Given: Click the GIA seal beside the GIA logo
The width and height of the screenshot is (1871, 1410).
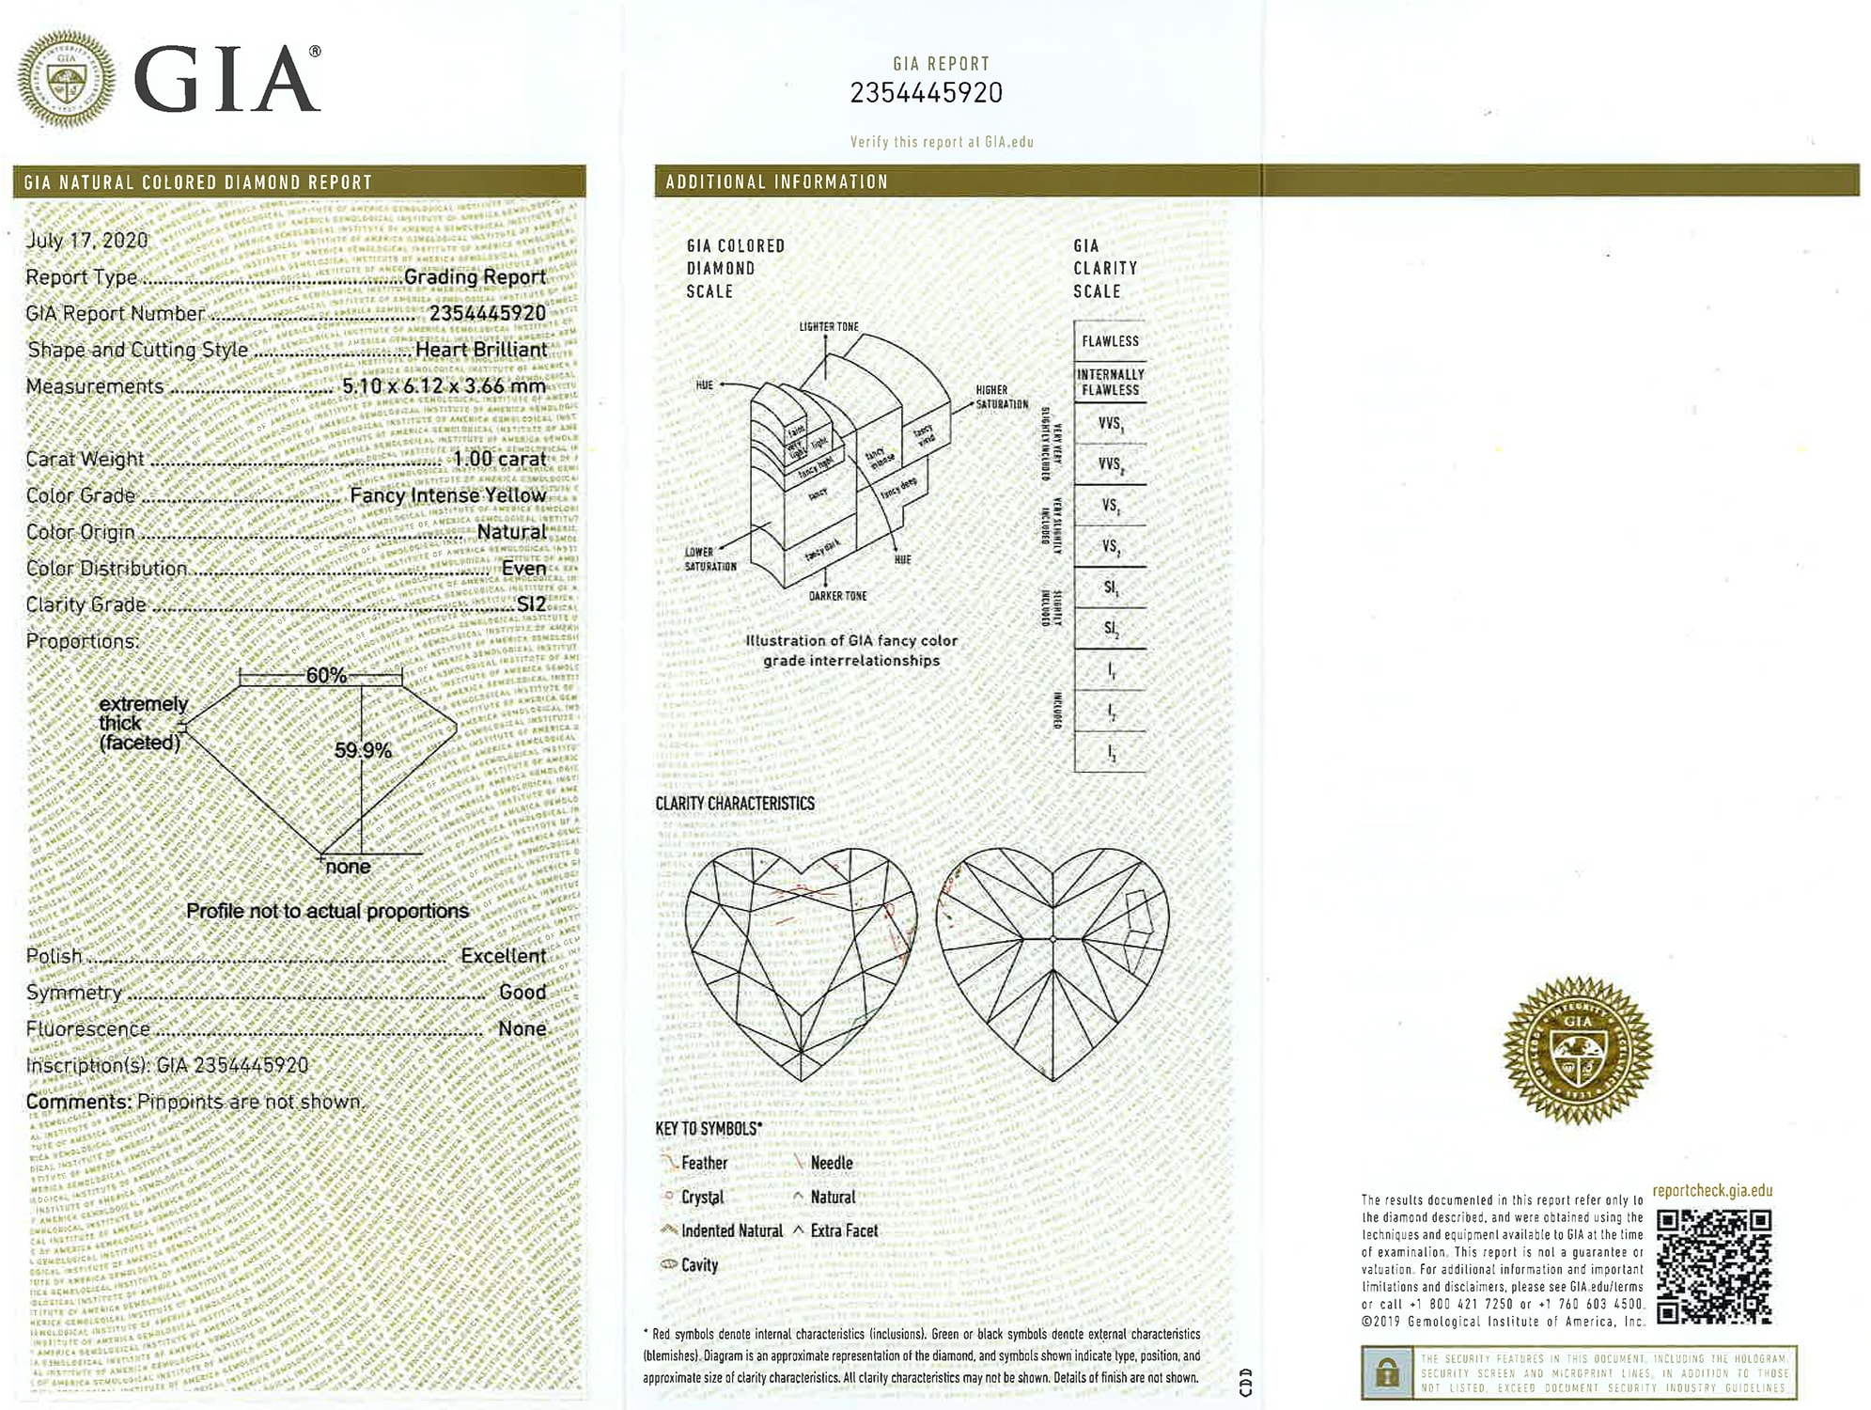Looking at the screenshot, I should click(67, 79).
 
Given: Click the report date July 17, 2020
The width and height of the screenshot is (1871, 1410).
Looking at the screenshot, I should click(86, 241).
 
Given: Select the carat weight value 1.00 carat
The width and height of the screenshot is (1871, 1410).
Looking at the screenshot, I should click(499, 459).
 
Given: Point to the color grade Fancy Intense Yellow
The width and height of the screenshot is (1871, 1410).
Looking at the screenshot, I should click(447, 495).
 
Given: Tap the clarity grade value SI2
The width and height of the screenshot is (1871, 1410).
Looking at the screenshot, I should click(531, 604).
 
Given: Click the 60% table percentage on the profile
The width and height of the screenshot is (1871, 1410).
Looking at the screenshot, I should click(326, 675).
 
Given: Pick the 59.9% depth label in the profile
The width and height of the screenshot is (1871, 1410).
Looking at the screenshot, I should click(363, 750).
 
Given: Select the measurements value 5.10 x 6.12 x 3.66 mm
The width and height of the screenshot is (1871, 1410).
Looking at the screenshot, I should click(444, 386).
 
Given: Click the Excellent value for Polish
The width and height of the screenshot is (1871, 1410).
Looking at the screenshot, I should click(503, 956).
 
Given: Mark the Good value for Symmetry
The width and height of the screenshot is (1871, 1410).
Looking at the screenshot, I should click(522, 993).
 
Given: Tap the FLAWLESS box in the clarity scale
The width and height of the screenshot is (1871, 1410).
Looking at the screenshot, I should click(1110, 341).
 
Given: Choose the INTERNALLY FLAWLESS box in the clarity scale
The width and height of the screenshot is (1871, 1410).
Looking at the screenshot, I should click(1110, 382).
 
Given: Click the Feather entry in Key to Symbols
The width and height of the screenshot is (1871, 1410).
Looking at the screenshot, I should click(704, 1164).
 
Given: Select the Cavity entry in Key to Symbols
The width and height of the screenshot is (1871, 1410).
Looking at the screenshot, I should click(699, 1265).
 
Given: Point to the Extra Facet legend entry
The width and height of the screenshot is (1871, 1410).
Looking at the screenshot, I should click(843, 1230).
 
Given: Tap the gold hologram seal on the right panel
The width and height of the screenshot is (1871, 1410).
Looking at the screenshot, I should click(1577, 1050).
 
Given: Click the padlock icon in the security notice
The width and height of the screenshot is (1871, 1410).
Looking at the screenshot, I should click(1386, 1373).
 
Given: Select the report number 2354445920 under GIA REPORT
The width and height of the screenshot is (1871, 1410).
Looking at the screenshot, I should click(926, 93).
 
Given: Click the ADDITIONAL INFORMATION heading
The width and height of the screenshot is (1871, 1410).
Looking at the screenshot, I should click(776, 182).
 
